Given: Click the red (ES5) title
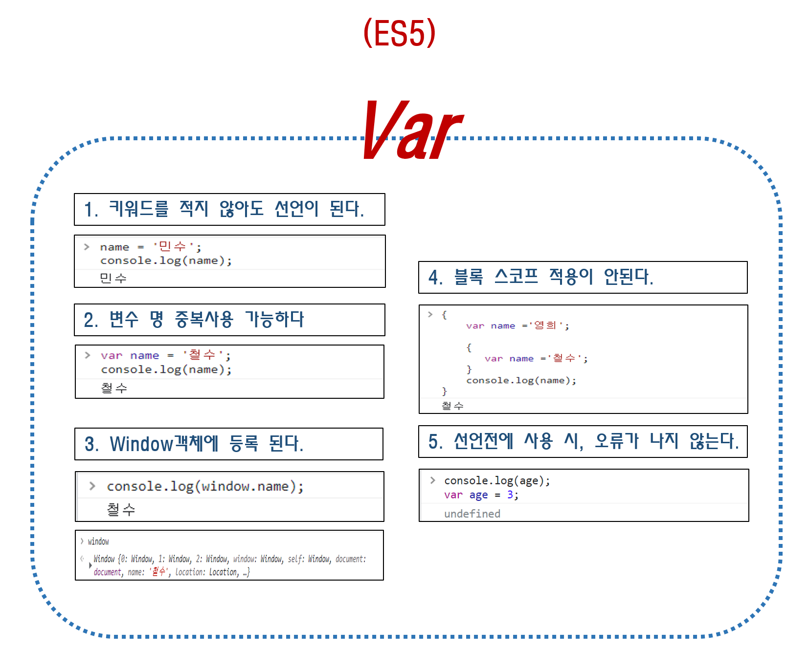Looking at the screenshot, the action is coord(399,33).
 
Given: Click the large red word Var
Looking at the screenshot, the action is coord(412,130).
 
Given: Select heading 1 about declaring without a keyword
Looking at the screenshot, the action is coord(224,209).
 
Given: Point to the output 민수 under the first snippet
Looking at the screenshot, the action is coord(113,278).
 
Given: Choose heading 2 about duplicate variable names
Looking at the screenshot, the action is coord(194,320).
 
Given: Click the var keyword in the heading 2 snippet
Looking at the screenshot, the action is coord(112,355).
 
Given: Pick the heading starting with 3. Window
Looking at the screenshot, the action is coord(194,444).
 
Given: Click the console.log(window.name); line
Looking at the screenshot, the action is coord(205,486).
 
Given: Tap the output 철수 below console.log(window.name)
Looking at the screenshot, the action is coord(121,510).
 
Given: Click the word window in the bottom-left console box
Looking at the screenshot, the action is coord(98,541).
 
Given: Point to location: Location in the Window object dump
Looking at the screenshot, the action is coord(207,572).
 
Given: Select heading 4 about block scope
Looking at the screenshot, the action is coord(540,277).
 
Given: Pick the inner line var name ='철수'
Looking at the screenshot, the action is coord(536,358).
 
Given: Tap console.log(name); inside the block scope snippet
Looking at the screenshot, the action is coord(521,380).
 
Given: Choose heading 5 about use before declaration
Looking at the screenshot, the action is coord(583,441).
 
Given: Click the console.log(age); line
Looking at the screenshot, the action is coord(497,481).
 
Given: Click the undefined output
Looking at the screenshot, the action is coord(472,514).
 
